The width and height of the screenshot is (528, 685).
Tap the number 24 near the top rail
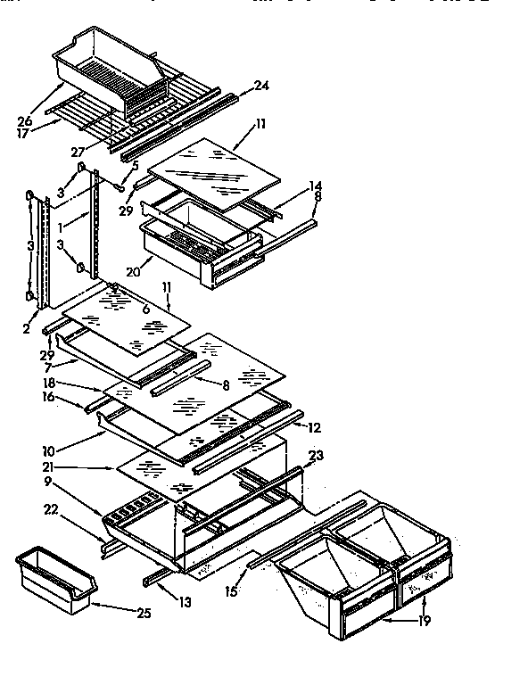pos(261,86)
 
